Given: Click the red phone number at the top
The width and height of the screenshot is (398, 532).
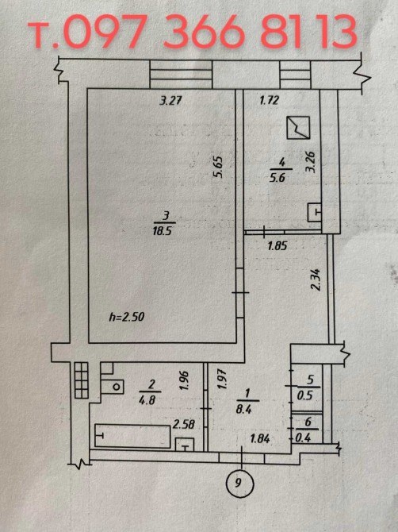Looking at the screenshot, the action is (193, 31).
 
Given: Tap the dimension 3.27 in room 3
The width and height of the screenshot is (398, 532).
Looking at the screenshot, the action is (170, 100).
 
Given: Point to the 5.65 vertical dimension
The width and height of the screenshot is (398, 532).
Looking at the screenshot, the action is (217, 167).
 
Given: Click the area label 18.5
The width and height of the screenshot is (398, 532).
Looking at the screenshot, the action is (163, 231).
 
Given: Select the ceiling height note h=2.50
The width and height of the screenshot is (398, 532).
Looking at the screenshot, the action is (127, 317).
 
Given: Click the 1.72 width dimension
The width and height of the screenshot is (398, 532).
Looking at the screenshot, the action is (269, 100).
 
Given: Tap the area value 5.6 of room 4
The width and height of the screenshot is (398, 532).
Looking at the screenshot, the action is (277, 178).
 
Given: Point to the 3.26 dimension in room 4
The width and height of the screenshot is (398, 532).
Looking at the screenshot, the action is (311, 162).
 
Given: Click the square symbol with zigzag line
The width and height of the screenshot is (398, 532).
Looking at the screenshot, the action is (298, 128).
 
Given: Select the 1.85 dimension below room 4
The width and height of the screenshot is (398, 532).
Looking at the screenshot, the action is (277, 245).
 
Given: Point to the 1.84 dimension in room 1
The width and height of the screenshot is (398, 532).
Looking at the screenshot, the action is (260, 439).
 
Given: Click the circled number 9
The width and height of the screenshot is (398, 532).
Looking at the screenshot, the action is (239, 482).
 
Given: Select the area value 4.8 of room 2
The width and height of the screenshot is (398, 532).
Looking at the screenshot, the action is (147, 400).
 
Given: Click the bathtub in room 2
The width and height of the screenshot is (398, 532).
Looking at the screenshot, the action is (132, 436).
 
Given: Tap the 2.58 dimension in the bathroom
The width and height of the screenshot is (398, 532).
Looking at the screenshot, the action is (184, 424).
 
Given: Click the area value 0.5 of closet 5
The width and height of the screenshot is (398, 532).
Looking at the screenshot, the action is (304, 396).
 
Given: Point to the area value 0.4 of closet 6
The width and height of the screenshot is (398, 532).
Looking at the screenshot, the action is (303, 438).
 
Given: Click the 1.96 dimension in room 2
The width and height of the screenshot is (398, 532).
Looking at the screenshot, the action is (185, 380).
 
